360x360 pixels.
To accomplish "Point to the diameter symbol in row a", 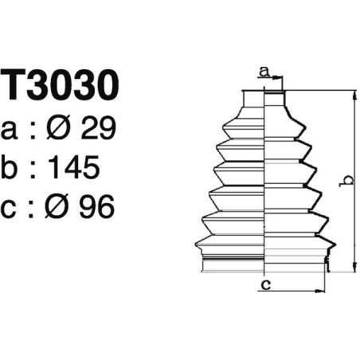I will [62, 128].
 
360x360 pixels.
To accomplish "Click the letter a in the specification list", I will [12, 130].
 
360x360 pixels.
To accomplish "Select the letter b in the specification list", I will [12, 167].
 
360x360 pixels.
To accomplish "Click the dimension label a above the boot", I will [263, 72].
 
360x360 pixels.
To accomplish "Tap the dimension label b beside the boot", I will [344, 182].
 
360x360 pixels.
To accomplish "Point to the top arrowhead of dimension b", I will [351, 95].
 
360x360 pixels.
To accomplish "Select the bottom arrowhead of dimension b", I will [351, 268].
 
